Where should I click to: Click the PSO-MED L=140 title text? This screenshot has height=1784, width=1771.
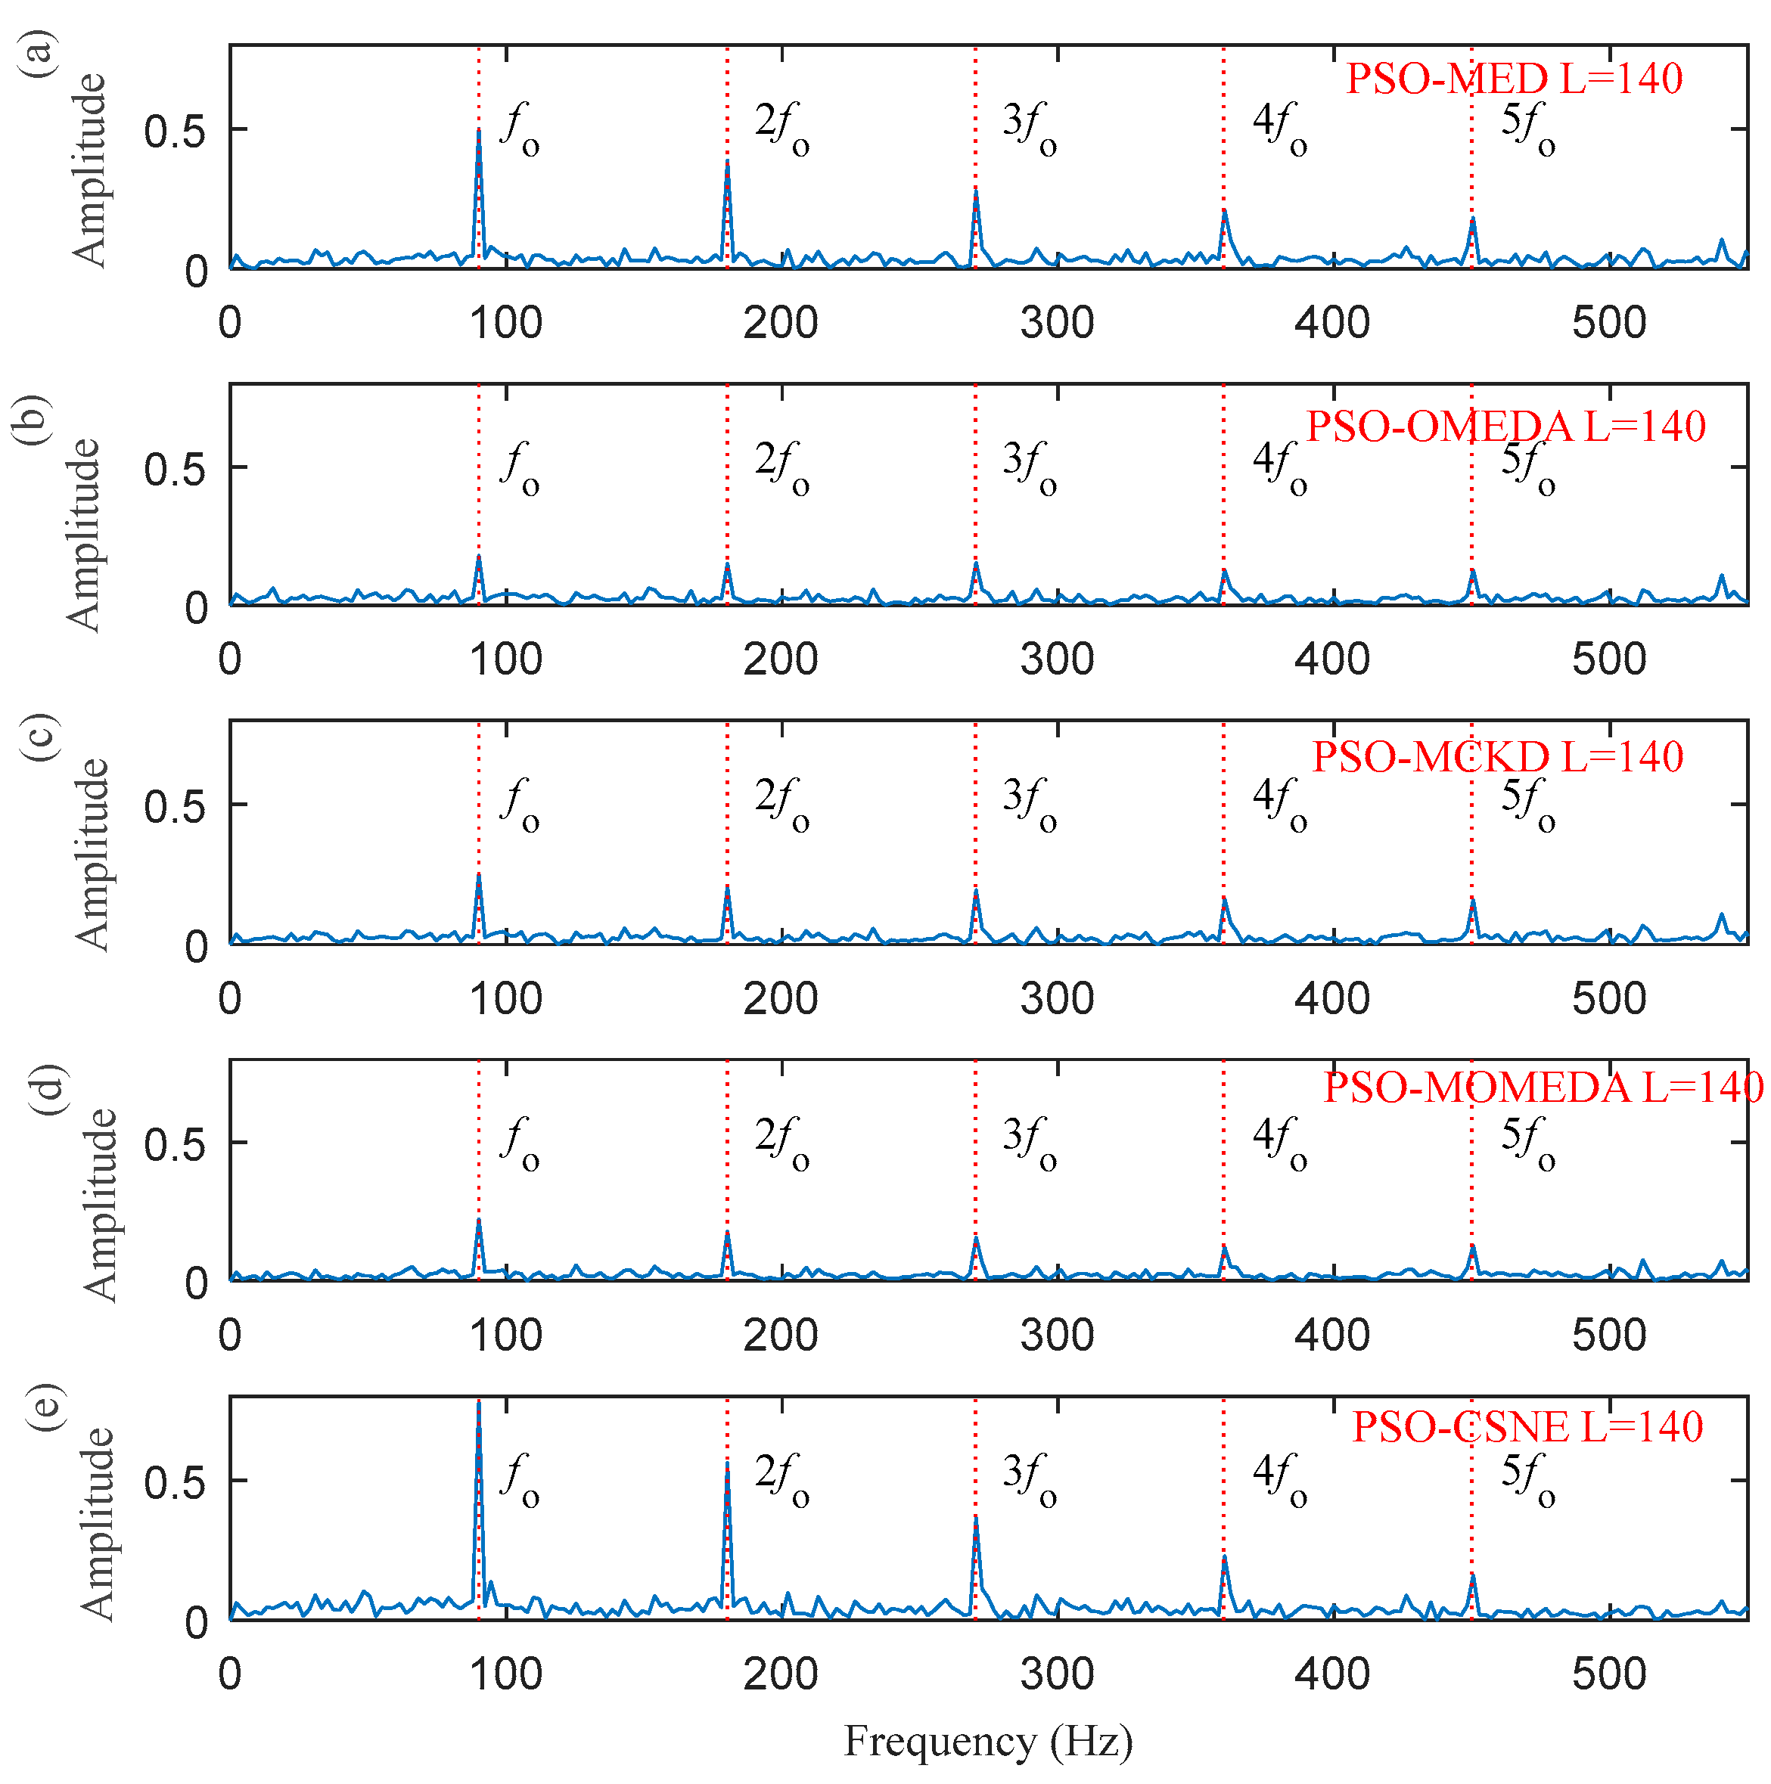1513,79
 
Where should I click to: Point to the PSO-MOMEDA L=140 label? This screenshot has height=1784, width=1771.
1542,1087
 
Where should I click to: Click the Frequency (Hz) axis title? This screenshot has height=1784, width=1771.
987,1742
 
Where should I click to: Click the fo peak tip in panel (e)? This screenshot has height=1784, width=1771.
479,1402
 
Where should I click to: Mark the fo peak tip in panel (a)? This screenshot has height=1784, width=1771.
479,130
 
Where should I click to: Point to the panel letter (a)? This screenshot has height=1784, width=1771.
39,54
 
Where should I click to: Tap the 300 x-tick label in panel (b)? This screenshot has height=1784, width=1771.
1057,659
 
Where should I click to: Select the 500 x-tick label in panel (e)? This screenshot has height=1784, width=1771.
1608,1673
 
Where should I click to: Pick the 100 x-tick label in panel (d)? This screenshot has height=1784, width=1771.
505,1336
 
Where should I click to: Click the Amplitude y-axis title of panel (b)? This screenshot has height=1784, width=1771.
85,535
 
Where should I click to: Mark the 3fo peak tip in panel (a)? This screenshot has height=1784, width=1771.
976,191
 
